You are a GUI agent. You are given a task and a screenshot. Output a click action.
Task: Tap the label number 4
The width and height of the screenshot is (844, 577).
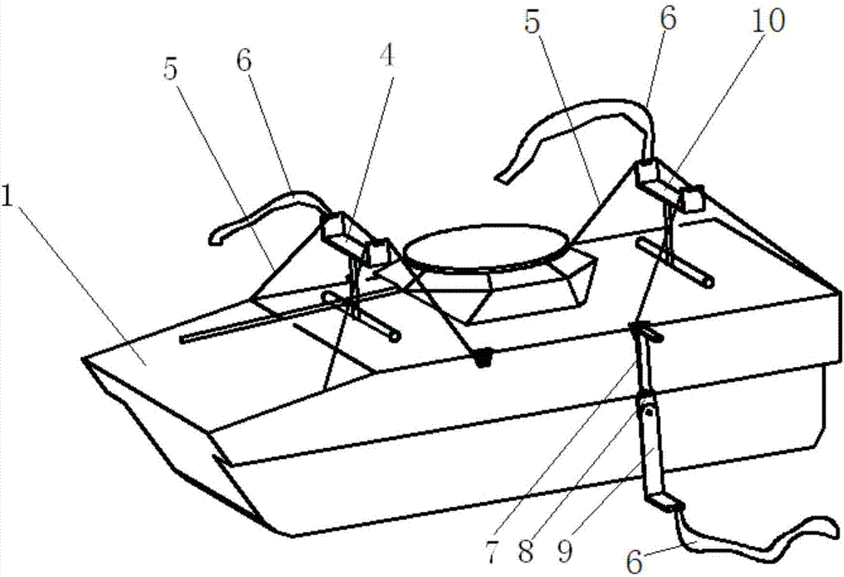point(387,56)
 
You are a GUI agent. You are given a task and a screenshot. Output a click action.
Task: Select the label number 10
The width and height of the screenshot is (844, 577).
point(771,23)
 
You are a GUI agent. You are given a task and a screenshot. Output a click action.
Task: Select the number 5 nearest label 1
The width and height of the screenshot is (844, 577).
point(172,71)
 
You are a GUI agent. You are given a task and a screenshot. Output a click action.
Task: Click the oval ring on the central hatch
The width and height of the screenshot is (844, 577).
point(484,247)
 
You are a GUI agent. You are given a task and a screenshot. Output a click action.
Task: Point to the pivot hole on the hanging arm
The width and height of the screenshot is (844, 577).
point(649,413)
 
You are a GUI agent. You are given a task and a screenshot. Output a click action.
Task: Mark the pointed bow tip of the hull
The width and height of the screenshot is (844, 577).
point(84,360)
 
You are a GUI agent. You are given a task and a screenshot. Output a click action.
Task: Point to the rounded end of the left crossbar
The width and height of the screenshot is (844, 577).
point(396,337)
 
